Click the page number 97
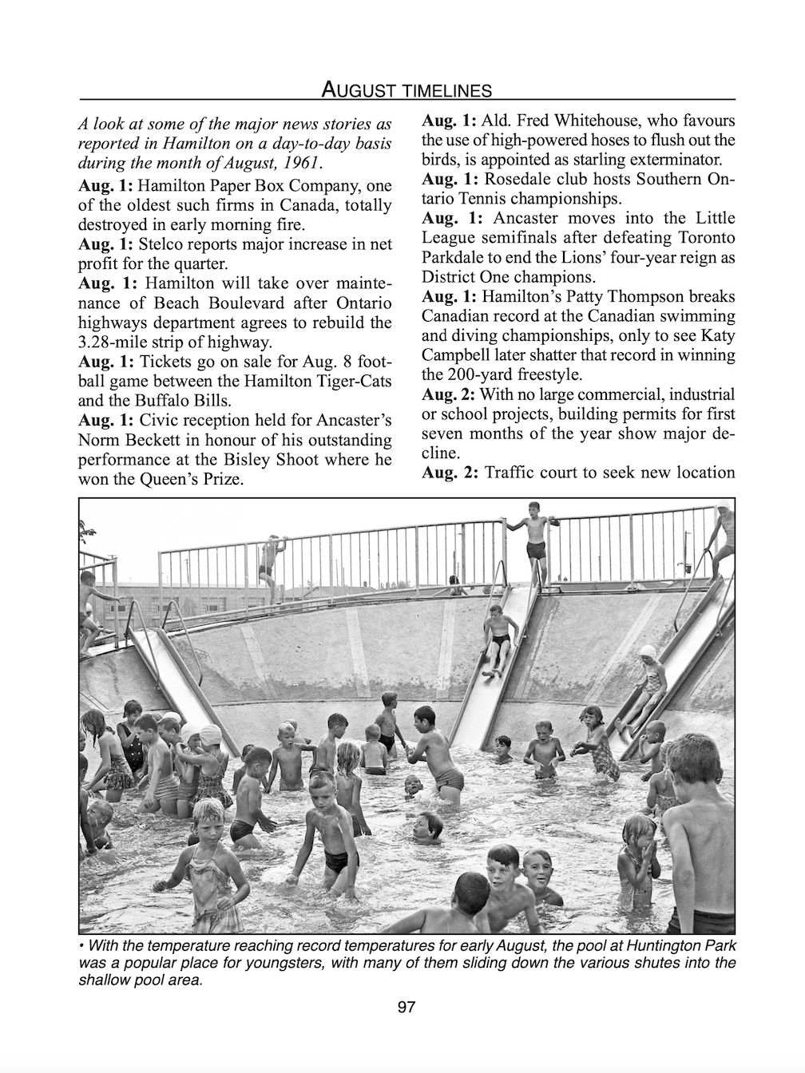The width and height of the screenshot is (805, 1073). (406, 1008)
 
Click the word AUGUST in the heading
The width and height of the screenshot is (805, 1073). (359, 89)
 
